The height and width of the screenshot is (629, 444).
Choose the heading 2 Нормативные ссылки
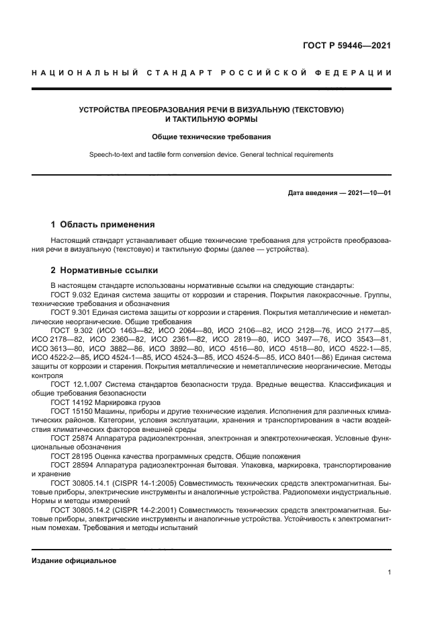pyautogui.click(x=105, y=270)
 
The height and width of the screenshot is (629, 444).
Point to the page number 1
pyautogui.click(x=389, y=572)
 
